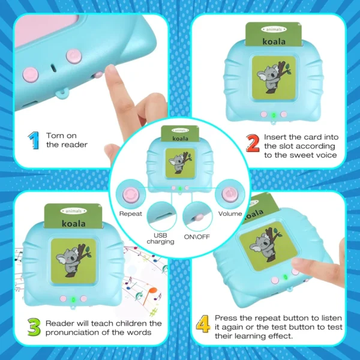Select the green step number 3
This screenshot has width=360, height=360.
pos(34,328)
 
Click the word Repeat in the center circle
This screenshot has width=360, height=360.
pos(131,214)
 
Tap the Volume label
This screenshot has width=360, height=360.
pos(230,214)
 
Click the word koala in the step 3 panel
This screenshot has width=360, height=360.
pos(73,223)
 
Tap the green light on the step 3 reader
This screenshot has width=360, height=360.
pos(73,298)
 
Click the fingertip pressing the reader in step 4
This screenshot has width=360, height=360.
pos(295,265)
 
